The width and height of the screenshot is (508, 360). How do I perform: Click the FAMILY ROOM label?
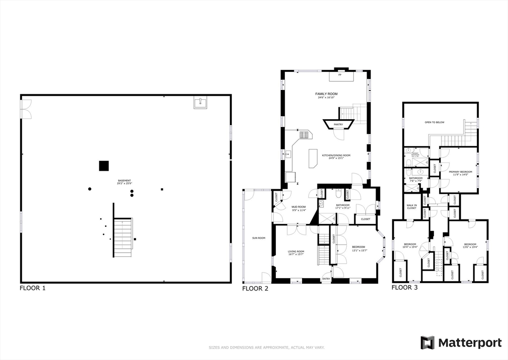[326, 94]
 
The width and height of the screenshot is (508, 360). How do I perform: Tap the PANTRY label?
[338, 124]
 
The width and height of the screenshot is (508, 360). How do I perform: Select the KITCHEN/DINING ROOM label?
[336, 155]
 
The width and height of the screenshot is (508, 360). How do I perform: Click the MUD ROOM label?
[299, 207]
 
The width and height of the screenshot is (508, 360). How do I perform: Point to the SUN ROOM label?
[258, 238]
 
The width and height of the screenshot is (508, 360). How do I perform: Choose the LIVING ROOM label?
[296, 252]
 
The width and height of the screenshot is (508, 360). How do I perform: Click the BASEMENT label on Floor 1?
[125, 180]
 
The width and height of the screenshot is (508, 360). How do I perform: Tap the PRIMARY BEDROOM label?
[459, 172]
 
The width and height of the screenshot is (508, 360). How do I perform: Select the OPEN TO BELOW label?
[434, 122]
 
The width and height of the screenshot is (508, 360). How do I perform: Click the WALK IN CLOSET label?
[411, 207]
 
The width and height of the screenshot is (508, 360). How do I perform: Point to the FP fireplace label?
[340, 74]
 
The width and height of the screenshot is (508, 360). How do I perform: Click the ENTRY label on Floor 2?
[326, 279]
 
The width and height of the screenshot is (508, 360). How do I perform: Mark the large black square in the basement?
[104, 166]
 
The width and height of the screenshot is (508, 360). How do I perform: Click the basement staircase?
[123, 237]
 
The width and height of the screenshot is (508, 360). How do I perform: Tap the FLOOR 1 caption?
[33, 288]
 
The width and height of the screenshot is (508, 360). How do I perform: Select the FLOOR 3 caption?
[405, 287]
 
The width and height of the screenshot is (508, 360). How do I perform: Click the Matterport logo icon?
[428, 343]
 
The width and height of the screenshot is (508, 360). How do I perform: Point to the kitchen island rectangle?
[313, 158]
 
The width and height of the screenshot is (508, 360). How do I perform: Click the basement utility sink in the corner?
[201, 103]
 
